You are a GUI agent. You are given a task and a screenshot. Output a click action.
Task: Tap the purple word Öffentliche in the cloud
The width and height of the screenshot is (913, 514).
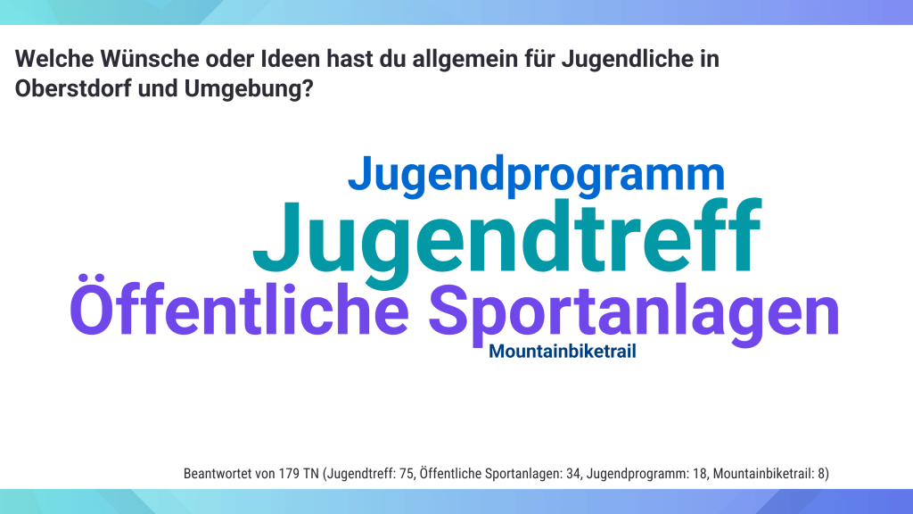239,307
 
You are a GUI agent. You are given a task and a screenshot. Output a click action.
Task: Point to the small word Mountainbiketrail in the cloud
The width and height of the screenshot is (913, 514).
563,351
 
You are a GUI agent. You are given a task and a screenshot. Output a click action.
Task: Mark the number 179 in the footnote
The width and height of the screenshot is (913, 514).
289,473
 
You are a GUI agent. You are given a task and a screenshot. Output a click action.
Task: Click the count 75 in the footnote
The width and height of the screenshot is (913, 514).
407,473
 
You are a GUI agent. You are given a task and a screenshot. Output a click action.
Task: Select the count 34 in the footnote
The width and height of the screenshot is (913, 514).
573,473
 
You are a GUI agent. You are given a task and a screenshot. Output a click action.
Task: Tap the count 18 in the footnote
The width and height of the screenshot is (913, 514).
699,473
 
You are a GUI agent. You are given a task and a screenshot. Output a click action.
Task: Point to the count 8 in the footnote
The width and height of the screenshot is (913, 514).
821,473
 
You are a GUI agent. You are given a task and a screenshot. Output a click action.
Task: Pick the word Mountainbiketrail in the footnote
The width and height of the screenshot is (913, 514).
762,473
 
